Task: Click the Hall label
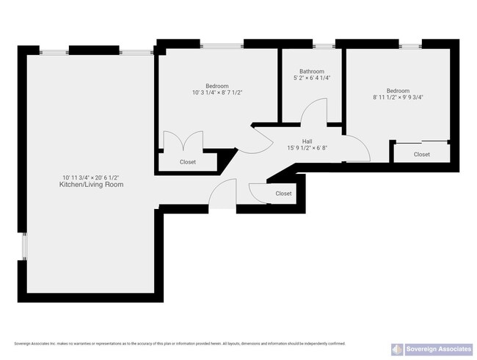tap(309, 140)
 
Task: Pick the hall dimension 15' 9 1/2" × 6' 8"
tap(308, 147)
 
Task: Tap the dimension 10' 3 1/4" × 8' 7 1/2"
tap(217, 92)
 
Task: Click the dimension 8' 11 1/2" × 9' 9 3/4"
tap(398, 97)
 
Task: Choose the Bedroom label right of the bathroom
tap(398, 89)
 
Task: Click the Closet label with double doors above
tap(188, 162)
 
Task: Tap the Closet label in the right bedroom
tap(421, 155)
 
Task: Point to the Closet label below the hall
tap(283, 194)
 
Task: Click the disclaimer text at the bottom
tap(180, 343)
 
